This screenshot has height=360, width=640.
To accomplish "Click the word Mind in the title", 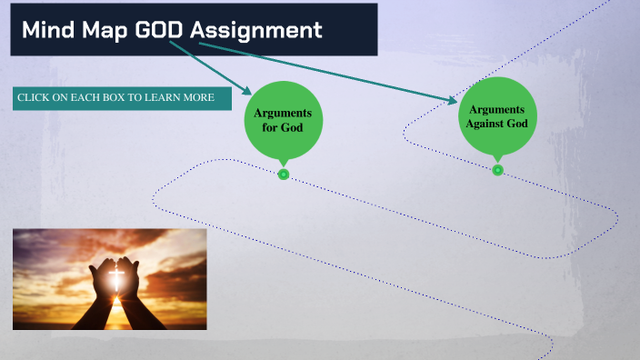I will click(48, 30).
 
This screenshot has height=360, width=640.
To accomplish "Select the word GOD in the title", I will click(160, 30).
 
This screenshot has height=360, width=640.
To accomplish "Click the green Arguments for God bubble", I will click(283, 120).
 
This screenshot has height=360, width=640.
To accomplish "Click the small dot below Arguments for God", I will click(284, 174).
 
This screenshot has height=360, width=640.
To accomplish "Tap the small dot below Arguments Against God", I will click(497, 170).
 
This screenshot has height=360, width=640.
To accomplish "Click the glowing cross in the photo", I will click(115, 276).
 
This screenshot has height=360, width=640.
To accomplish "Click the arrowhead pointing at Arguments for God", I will click(247, 91).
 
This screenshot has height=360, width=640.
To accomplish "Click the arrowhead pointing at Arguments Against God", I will click(452, 100).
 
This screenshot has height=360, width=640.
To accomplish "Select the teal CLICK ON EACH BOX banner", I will click(122, 97).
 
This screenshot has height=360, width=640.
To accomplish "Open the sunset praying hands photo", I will click(109, 278).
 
